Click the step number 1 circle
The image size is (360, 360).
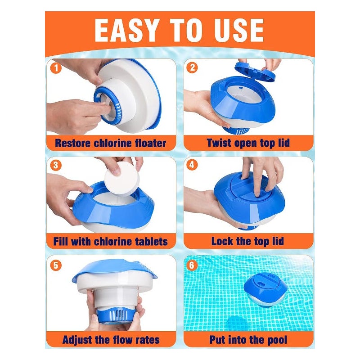coord(56,68)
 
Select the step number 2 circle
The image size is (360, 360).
coord(192,67)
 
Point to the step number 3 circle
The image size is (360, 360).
coord(56,165)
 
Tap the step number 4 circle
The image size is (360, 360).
coord(192,165)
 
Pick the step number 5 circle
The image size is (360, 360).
coord(56,265)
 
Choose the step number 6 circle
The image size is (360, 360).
coord(192,265)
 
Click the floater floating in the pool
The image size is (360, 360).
coord(265,290)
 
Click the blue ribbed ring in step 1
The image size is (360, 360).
coord(108,105)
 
